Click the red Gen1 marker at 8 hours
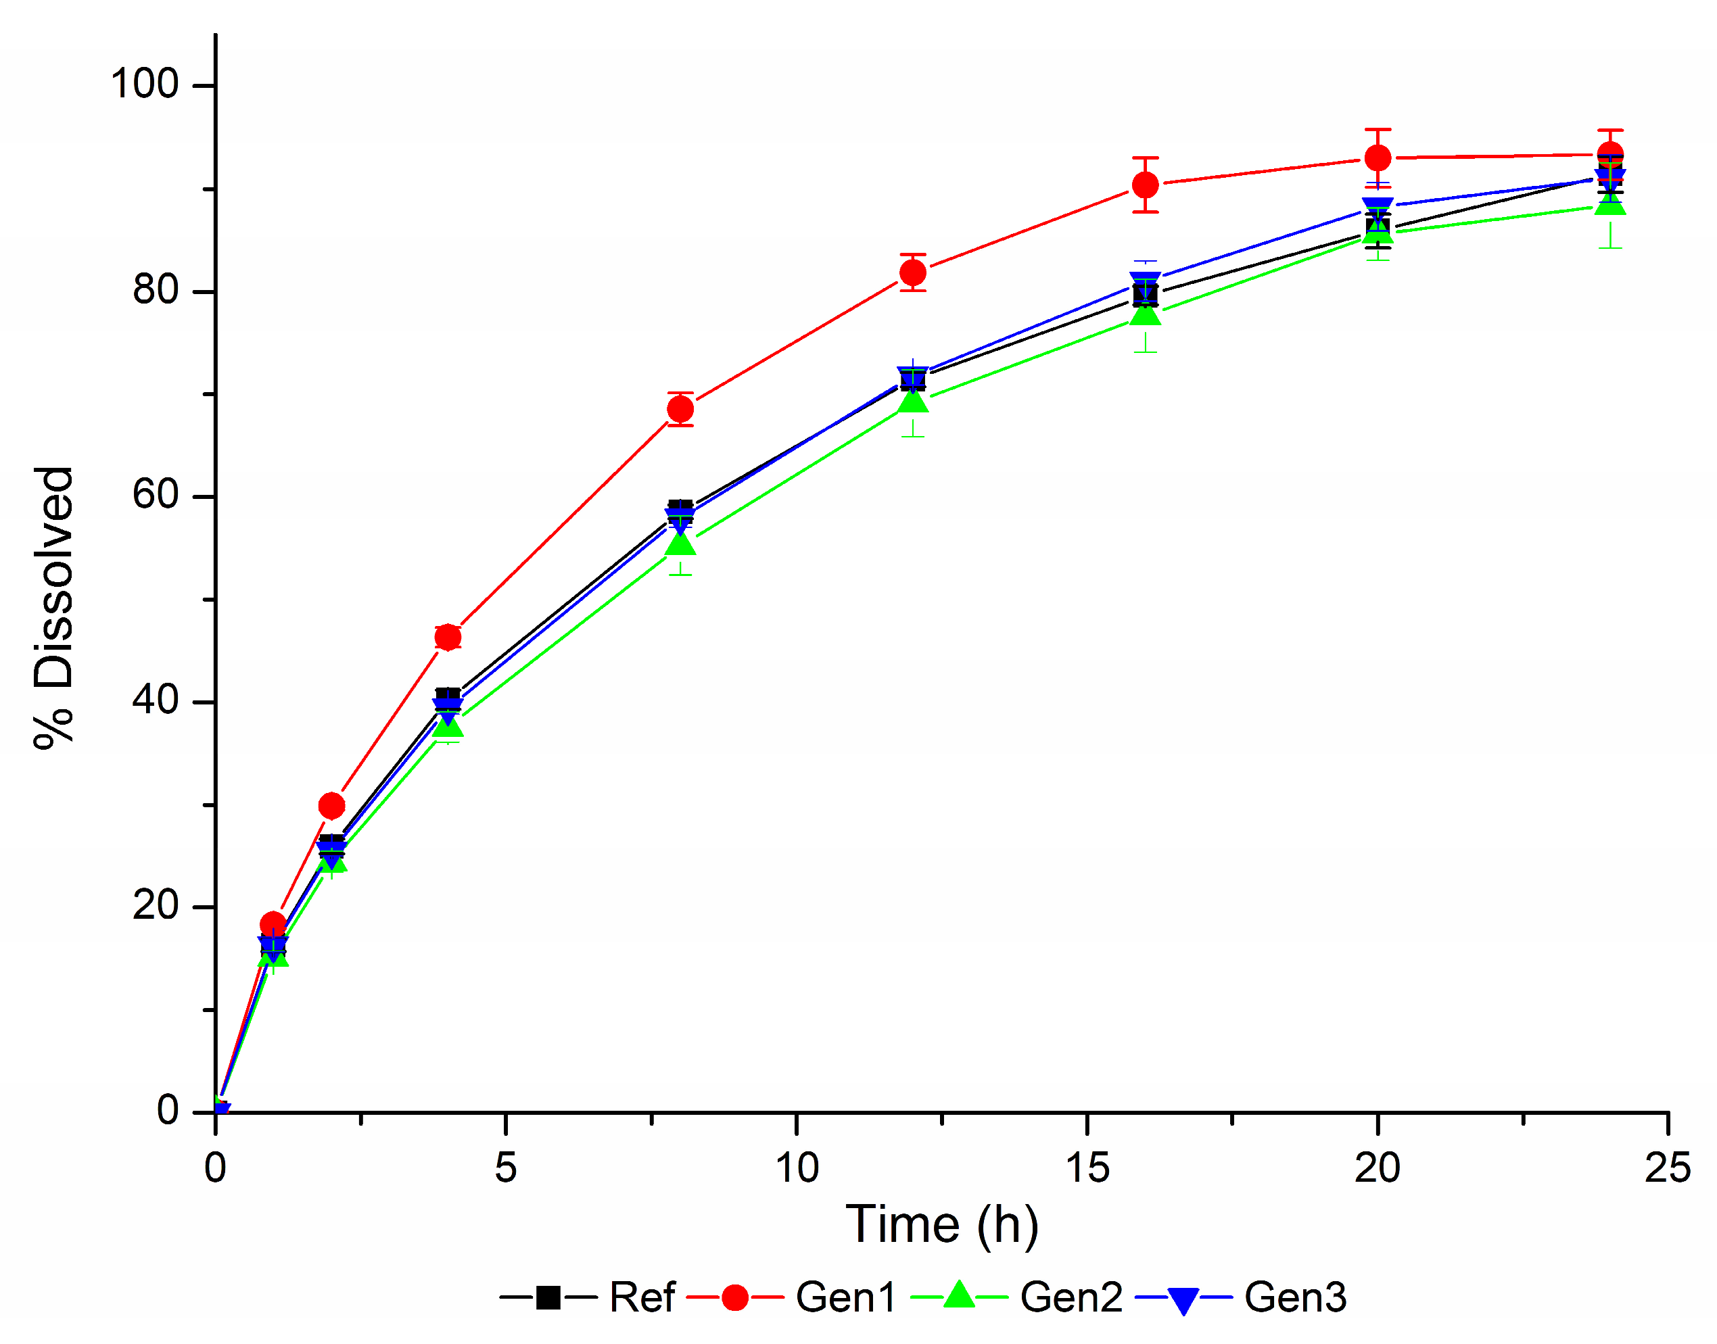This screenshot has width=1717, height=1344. click(x=680, y=409)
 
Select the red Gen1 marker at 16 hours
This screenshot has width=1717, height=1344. click(x=1145, y=185)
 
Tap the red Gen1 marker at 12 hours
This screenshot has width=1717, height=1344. click(x=912, y=273)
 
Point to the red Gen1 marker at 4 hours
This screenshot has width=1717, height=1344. click(x=448, y=637)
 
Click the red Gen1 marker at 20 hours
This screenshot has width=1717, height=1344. click(x=1377, y=158)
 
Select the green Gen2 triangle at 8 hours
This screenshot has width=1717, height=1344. click(x=680, y=544)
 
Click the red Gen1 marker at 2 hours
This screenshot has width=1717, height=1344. click(x=331, y=806)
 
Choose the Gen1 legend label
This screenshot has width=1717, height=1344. click(x=845, y=1297)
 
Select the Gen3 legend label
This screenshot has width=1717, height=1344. click(x=1294, y=1297)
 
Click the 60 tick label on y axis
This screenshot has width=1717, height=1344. click(x=155, y=495)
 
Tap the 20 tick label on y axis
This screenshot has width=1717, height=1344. click(x=155, y=905)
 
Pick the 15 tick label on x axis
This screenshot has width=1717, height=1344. click(x=1087, y=1168)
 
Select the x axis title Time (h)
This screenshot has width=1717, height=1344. click(x=941, y=1224)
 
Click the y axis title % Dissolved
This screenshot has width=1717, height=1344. click(x=53, y=608)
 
